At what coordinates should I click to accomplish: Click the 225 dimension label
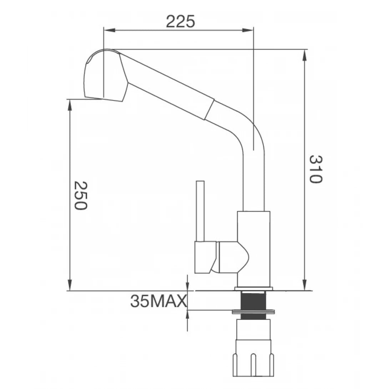click(x=181, y=22)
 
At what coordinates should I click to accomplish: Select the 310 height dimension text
click(x=315, y=169)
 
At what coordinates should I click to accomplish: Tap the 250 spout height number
click(x=80, y=195)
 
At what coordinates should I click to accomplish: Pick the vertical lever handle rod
click(x=200, y=211)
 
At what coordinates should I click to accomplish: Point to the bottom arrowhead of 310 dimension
click(x=304, y=286)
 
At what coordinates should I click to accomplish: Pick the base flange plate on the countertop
click(x=254, y=288)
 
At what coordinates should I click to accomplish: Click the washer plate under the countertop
click(x=253, y=312)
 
